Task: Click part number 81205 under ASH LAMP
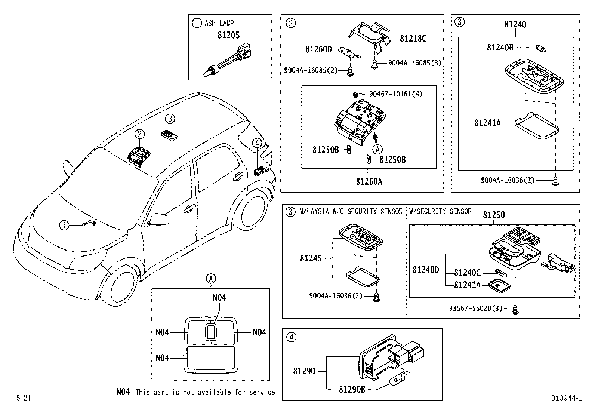click(x=228, y=35)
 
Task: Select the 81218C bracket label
click(x=413, y=39)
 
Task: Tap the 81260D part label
click(x=318, y=49)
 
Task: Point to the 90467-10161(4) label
click(x=396, y=94)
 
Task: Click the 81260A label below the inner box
click(x=369, y=182)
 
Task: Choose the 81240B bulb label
click(x=500, y=47)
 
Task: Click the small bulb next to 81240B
click(x=540, y=49)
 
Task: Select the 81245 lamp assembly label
click(x=311, y=258)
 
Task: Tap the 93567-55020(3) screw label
click(x=476, y=309)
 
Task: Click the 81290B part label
click(x=352, y=389)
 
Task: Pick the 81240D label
click(x=426, y=270)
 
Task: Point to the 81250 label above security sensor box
click(x=494, y=215)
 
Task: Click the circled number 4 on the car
click(x=257, y=143)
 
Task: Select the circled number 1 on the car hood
click(x=64, y=226)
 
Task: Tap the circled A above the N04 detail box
click(x=211, y=279)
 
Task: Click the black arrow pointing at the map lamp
click(x=375, y=138)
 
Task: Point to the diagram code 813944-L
click(x=566, y=398)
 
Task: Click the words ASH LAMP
click(x=219, y=23)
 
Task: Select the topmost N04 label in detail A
click(x=219, y=298)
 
